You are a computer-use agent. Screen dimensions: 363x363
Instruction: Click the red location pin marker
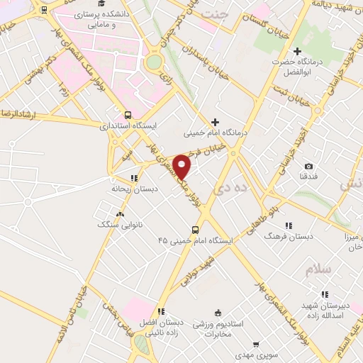click(182, 167)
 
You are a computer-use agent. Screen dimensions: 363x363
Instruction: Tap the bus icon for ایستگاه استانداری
click(128, 114)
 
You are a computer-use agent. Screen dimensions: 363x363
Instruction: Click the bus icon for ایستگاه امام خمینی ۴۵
click(196, 230)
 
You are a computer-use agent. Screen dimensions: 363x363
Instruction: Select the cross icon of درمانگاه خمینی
click(216, 122)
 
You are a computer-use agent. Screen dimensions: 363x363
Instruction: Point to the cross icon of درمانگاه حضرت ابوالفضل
click(297, 51)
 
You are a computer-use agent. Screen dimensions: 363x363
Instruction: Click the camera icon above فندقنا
click(308, 166)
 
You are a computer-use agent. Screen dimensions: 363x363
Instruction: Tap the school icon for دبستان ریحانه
click(133, 178)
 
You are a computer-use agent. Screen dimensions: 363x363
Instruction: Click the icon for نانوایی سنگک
click(119, 213)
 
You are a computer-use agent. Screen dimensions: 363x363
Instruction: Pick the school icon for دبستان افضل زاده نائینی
click(161, 311)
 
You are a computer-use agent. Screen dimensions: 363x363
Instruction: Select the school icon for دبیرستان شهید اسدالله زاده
click(325, 294)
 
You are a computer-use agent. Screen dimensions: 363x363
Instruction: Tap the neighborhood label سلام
click(318, 271)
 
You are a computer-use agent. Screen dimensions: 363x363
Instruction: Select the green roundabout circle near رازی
click(153, 62)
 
